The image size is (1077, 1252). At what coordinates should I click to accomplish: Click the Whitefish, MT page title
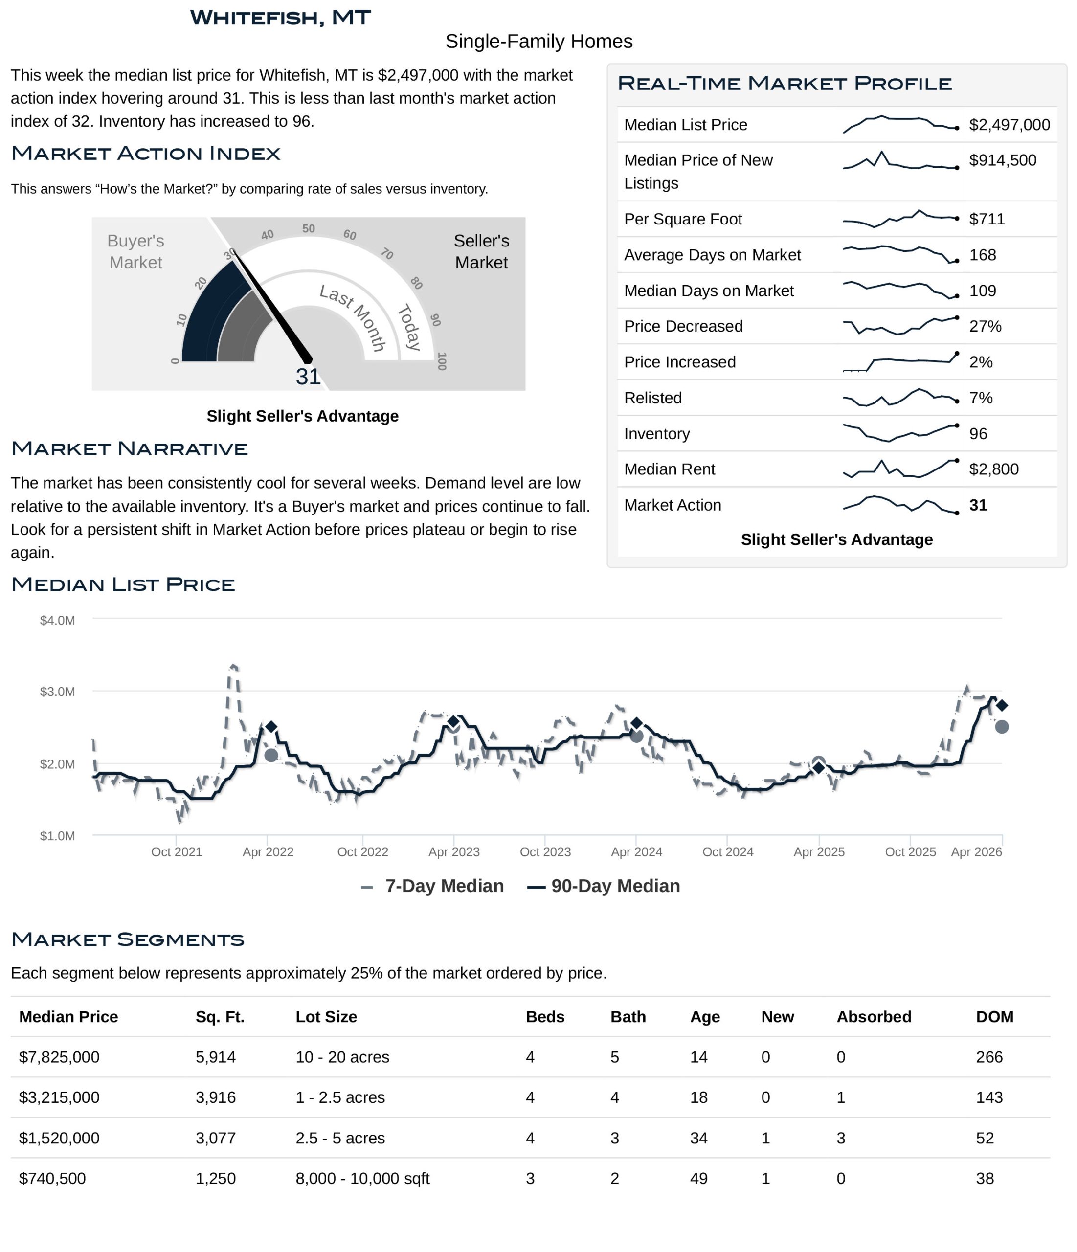tap(280, 18)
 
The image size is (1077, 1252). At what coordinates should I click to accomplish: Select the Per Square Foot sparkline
tap(900, 218)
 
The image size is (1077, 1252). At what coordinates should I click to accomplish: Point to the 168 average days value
tap(982, 255)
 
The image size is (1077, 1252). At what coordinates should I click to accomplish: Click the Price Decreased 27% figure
tap(985, 326)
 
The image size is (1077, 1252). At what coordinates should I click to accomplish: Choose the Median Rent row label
tap(669, 469)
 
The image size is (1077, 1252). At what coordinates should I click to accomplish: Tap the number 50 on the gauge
tap(308, 229)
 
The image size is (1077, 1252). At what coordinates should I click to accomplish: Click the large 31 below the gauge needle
tap(308, 377)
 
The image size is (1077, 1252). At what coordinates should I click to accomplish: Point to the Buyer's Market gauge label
tap(135, 251)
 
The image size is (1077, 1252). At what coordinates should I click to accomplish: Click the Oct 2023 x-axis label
tap(545, 852)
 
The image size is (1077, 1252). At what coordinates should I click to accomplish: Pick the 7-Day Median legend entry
tap(433, 887)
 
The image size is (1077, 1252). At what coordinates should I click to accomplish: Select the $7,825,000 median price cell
tap(59, 1057)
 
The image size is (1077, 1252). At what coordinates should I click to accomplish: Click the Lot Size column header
tap(326, 1017)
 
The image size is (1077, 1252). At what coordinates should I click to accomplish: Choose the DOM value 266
tap(989, 1057)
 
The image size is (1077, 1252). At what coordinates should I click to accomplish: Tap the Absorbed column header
tap(874, 1017)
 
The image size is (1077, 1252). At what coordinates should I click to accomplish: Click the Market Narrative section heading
tap(129, 449)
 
